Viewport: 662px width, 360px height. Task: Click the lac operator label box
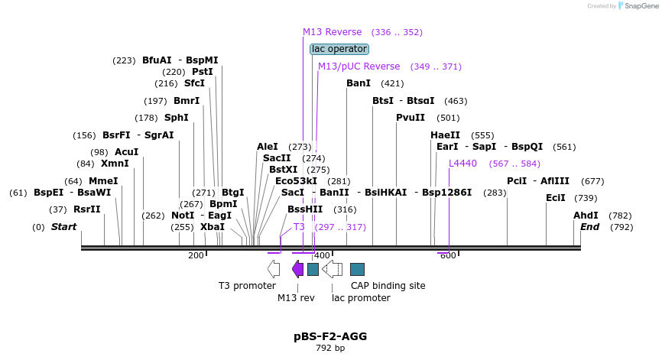[339, 49]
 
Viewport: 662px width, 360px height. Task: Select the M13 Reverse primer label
[332, 32]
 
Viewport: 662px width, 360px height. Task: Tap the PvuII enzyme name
[411, 118]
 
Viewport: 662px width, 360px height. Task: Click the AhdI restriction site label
[586, 216]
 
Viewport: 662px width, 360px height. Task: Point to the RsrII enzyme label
[87, 209]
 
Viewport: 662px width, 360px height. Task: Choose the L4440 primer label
[462, 164]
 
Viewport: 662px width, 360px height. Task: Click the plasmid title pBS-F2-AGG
[330, 336]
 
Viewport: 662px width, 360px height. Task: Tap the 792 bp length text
[330, 349]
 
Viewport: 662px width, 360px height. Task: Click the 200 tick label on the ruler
[196, 255]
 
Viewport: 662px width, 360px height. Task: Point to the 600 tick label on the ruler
[448, 255]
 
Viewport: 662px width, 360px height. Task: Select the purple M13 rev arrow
[297, 268]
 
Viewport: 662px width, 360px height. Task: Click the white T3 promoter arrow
[273, 268]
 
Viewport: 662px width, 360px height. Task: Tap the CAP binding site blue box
[357, 268]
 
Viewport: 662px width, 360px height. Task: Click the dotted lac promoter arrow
[332, 268]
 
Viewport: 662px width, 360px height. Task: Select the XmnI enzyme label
[115, 164]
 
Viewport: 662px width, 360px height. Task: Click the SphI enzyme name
[176, 118]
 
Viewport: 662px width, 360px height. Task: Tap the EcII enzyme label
[556, 198]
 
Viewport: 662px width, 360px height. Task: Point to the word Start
[63, 227]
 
